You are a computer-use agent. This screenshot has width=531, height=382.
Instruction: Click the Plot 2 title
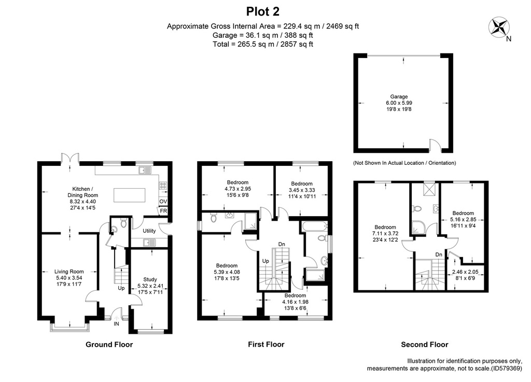pyautogui.click(x=263, y=11)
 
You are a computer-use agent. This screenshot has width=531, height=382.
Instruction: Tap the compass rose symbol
pyautogui.click(x=499, y=28)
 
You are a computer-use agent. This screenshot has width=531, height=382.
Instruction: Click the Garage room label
pyautogui.click(x=399, y=96)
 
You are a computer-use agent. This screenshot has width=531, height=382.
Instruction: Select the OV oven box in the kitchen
pyautogui.click(x=163, y=201)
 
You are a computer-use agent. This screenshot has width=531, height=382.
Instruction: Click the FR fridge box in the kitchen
pyautogui.click(x=163, y=210)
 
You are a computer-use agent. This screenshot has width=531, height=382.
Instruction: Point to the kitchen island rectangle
pyautogui.click(x=130, y=195)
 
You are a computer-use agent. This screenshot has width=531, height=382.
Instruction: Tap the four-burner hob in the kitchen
pyautogui.click(x=163, y=186)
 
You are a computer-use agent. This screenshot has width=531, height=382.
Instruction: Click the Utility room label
pyautogui.click(x=149, y=231)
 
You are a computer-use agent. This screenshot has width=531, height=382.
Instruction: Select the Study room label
pyautogui.click(x=150, y=279)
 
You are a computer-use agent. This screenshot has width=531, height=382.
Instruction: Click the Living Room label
pyautogui.click(x=69, y=272)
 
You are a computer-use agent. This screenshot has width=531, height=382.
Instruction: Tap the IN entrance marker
pyautogui.click(x=116, y=324)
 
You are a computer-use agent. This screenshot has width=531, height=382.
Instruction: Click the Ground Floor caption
pyautogui.click(x=109, y=345)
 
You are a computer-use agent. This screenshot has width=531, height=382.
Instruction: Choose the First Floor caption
pyautogui.click(x=266, y=345)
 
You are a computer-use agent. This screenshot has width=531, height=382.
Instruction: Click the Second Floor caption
pyautogui.click(x=425, y=345)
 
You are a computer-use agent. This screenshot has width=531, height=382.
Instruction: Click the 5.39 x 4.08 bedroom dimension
pyautogui.click(x=227, y=272)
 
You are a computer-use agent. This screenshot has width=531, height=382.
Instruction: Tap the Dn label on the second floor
pyautogui.click(x=439, y=254)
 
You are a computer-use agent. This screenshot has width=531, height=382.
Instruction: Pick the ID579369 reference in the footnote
pyautogui.click(x=506, y=369)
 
